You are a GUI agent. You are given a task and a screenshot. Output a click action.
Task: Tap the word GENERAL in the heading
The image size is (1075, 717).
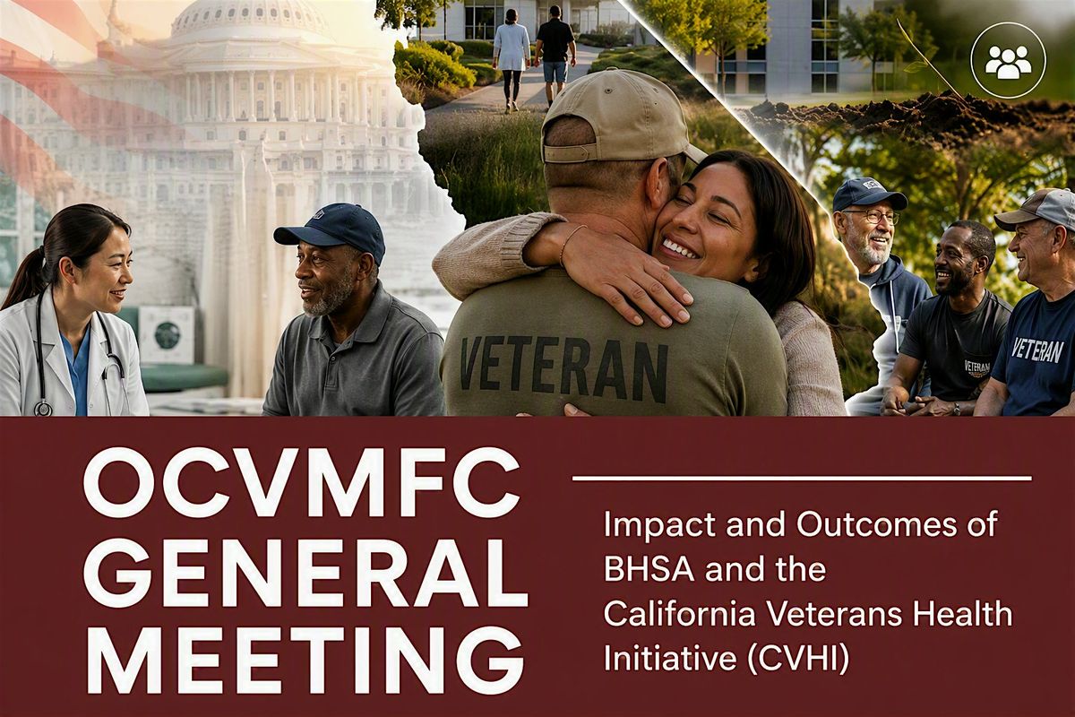click(305, 573)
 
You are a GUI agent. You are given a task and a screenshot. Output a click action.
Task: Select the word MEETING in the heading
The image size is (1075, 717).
click(305, 661)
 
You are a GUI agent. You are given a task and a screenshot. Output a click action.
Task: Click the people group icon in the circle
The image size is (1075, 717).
click(1008, 62)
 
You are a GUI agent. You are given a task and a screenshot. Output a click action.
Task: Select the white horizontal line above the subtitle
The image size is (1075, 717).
click(802, 479)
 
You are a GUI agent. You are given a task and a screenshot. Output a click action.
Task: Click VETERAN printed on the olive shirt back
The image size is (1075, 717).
click(563, 366)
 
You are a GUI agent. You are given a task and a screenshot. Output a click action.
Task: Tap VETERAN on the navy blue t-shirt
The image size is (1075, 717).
click(1036, 351)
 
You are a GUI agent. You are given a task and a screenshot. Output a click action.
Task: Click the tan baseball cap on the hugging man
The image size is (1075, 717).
click(619, 117)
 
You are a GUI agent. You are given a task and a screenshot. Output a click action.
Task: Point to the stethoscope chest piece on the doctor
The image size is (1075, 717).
click(43, 408)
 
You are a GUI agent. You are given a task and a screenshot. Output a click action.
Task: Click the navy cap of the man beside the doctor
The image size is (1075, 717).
click(332, 230)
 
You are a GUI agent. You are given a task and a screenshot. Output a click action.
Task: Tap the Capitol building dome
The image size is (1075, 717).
click(250, 24)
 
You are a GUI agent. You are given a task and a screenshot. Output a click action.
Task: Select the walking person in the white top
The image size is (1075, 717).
click(511, 60)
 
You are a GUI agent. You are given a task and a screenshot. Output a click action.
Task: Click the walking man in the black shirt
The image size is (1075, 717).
click(555, 56)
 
